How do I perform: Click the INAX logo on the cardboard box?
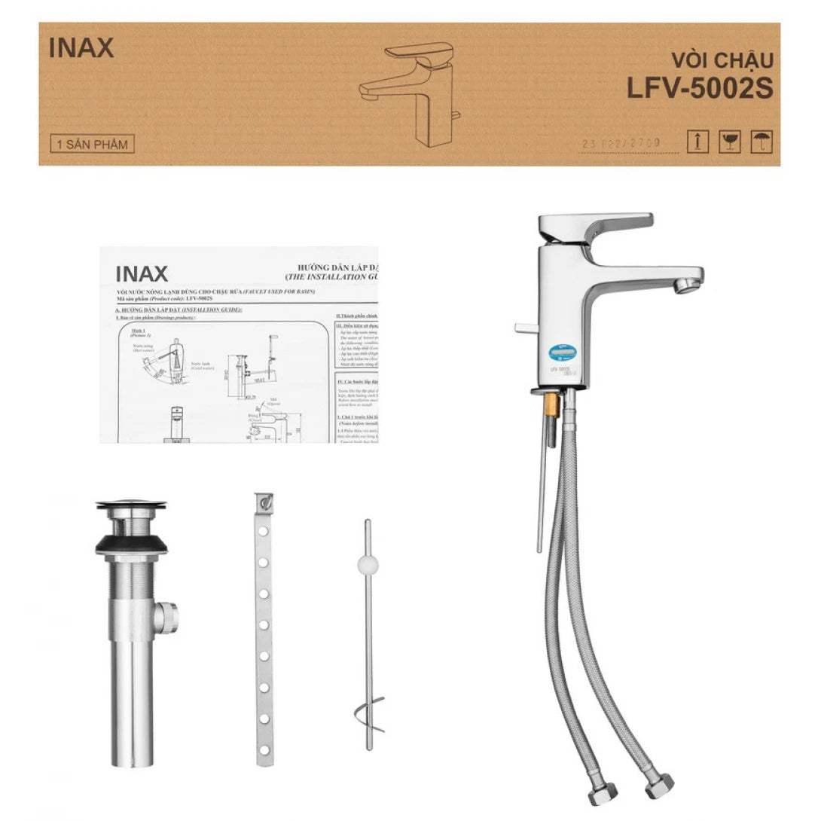tap(81, 48)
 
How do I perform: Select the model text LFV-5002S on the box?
tap(700, 88)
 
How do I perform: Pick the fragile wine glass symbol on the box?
tap(729, 141)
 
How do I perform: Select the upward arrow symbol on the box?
tap(697, 141)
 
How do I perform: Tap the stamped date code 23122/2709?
tap(631, 143)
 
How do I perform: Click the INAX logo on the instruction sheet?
tap(142, 273)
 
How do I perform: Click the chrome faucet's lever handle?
tap(595, 226)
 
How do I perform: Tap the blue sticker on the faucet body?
tap(557, 353)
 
